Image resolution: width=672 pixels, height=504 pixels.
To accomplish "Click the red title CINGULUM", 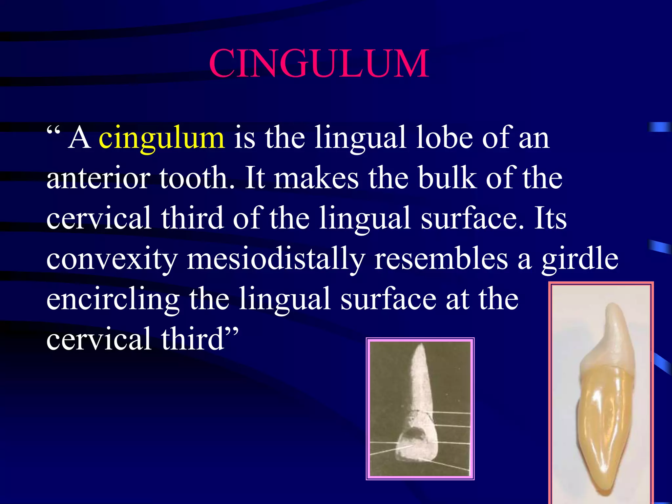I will click(x=319, y=63).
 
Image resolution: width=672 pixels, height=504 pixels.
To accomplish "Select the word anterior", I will click(x=98, y=178).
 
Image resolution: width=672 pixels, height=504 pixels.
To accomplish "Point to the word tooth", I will click(x=197, y=178).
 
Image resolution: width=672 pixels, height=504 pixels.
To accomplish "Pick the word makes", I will click(x=316, y=178).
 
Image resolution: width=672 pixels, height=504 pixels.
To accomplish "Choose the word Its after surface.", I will click(x=550, y=218).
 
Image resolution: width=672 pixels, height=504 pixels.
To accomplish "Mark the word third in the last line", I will click(x=192, y=339).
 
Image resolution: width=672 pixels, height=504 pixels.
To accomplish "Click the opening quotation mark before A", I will click(x=53, y=131).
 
